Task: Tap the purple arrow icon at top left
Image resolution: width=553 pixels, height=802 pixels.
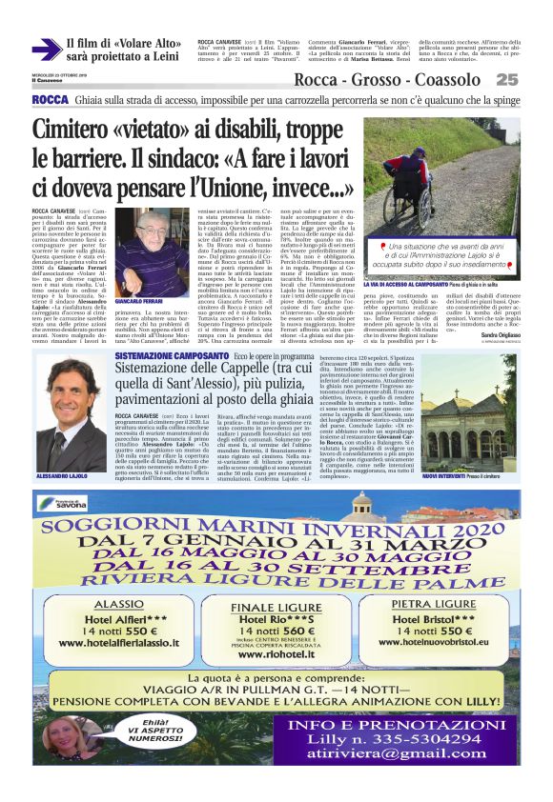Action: click(45, 50)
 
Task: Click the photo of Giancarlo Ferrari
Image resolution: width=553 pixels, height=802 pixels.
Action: click(138, 244)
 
